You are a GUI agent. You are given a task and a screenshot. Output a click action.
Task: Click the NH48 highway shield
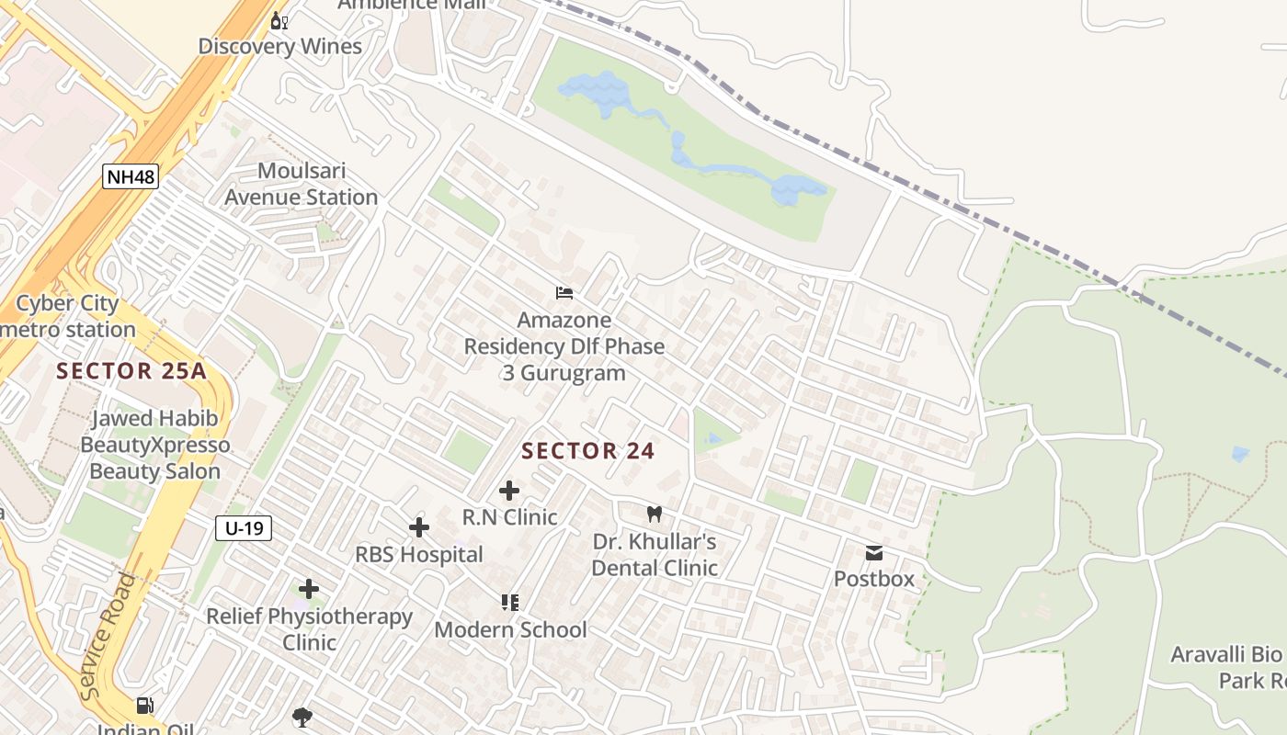pos(131,176)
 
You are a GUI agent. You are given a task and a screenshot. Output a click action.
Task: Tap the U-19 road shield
pos(244,527)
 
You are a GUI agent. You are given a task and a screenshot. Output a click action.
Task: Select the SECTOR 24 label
pos(587,450)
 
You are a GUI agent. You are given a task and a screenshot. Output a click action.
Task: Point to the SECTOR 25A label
pos(131,371)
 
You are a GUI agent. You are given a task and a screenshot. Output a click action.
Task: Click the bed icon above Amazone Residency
pos(564,293)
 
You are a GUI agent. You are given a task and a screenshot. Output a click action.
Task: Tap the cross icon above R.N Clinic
pos(508,491)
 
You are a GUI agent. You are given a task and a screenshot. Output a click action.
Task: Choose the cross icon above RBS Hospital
pos(418,527)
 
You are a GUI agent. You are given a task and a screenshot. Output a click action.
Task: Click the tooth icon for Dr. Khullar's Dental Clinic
pos(654,514)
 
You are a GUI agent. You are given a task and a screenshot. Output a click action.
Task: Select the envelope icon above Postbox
pos(873,552)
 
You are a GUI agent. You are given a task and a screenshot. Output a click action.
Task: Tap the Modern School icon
pos(510,603)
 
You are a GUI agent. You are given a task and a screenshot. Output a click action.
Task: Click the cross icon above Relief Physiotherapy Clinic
pos(309,589)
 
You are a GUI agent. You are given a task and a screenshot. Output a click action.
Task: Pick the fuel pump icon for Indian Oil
pos(144,706)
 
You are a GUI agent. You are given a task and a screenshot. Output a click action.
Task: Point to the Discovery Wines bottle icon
pos(279,20)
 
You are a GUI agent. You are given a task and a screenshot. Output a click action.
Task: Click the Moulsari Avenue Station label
pos(301,184)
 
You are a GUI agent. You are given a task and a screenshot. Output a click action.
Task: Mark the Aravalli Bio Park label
pos(1226,668)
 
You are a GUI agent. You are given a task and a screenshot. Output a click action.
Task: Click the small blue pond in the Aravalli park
pos(1240,454)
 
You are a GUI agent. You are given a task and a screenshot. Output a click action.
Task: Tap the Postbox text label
pos(873,579)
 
